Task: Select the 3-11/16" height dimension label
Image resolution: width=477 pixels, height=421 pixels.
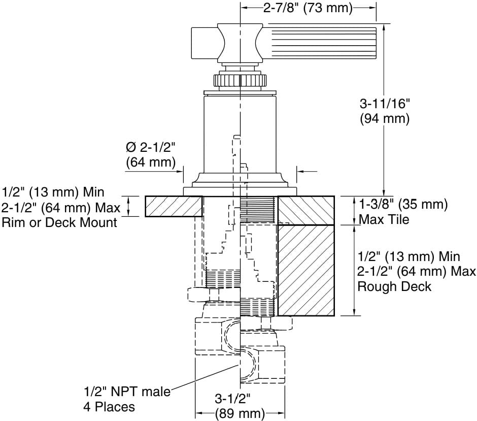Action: point(384,104)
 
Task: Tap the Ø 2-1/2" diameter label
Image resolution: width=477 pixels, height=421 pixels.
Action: point(150,148)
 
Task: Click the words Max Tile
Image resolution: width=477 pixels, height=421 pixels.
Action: point(384,220)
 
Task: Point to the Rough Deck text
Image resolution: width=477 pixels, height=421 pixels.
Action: point(394,286)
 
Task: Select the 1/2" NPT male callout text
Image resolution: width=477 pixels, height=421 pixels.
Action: point(127,392)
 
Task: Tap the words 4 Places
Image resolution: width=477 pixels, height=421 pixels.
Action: point(109,407)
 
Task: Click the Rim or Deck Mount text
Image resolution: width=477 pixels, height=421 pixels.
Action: point(60,222)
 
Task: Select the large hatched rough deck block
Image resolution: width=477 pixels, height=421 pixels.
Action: point(305,270)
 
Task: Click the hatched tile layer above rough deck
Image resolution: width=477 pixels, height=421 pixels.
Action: point(305,210)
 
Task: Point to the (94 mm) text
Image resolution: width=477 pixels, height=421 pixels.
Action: point(384,119)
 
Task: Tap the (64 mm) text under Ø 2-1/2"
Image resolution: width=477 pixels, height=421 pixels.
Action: point(150,163)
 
